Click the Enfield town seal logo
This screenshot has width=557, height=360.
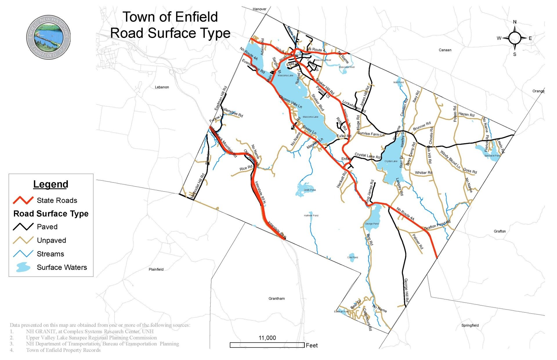point(48,37)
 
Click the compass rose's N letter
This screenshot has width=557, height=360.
point(515,22)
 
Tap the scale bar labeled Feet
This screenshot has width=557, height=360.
point(267,345)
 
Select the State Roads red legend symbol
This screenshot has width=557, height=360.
point(23,200)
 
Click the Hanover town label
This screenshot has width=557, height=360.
point(259,9)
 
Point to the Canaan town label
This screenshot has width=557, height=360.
point(445,50)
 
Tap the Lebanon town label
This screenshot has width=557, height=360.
point(162,87)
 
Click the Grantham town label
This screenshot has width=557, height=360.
point(276,298)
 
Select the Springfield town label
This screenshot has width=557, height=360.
point(470,325)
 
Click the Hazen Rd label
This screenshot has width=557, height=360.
point(466,114)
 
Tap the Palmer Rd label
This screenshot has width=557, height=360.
point(418,242)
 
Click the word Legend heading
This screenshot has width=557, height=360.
point(51,184)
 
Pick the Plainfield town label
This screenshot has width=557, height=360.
point(156,269)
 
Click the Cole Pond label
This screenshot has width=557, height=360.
point(352,257)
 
